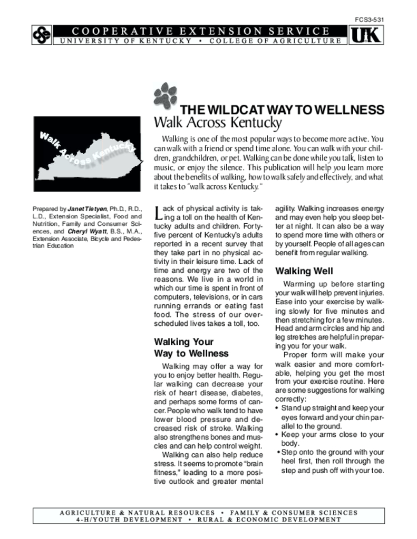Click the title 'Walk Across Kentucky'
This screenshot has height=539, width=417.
click(x=218, y=123)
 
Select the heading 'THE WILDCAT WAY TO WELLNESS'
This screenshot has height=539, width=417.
click(x=282, y=110)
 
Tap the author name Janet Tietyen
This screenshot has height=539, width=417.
click(x=86, y=209)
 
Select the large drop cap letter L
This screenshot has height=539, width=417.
click(x=157, y=213)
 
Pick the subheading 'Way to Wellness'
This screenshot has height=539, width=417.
click(x=191, y=353)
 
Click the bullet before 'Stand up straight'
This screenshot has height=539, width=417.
click(x=277, y=408)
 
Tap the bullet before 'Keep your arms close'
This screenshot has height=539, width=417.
click(x=277, y=435)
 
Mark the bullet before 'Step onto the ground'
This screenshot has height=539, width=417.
click(x=278, y=452)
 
